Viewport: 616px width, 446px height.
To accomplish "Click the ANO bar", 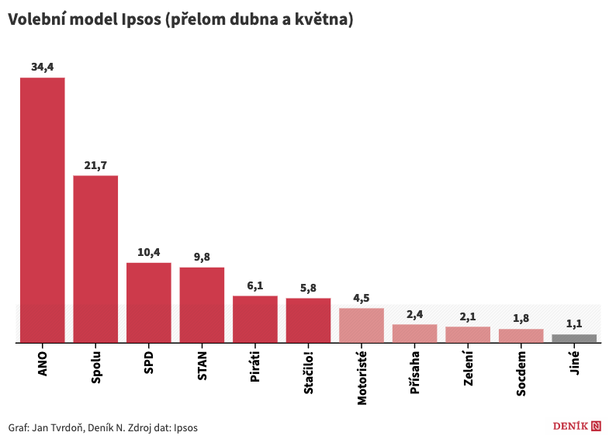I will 42,209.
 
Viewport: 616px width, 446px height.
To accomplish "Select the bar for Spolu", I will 95,258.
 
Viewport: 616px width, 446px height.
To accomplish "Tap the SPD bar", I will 148,303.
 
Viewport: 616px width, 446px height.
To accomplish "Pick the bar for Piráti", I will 255,319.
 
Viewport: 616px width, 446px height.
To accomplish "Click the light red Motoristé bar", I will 362,325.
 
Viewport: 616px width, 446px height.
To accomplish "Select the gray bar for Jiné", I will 574,338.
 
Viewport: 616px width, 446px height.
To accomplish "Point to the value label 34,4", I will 42,67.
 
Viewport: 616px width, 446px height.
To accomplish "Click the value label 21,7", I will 95,165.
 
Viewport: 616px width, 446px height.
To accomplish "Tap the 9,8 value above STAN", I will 202,257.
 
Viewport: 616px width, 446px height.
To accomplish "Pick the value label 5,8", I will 308,288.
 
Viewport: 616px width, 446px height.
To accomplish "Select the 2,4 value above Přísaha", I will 415,314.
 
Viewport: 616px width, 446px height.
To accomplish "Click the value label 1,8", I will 521,319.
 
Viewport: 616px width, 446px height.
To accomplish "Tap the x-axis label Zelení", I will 468,368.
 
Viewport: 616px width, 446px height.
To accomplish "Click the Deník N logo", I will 577,426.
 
